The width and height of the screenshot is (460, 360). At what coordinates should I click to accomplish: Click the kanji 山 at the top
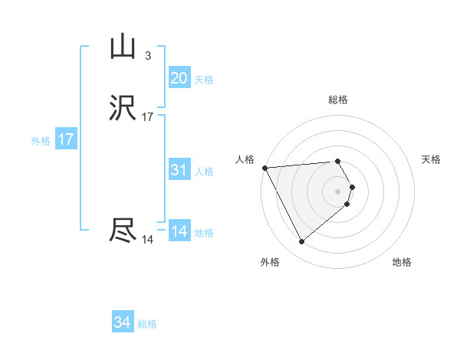pyautogui.click(x=123, y=47)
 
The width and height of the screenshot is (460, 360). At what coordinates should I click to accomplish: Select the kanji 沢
pyautogui.click(x=123, y=110)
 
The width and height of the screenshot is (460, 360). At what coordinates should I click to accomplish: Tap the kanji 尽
pyautogui.click(x=123, y=231)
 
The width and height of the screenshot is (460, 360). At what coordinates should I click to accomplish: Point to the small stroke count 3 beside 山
pyautogui.click(x=147, y=56)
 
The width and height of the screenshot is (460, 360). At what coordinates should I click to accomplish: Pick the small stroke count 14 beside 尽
pyautogui.click(x=147, y=240)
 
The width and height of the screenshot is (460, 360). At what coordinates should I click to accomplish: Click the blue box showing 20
pyautogui.click(x=179, y=78)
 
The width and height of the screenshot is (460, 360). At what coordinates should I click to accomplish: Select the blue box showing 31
pyautogui.click(x=179, y=170)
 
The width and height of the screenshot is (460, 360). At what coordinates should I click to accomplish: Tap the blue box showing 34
pyautogui.click(x=122, y=323)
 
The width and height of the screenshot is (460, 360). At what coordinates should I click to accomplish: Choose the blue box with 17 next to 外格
pyautogui.click(x=66, y=139)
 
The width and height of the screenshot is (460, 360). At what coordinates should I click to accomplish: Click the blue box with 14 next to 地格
pyautogui.click(x=179, y=231)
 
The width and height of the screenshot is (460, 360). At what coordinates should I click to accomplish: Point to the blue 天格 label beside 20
pyautogui.click(x=204, y=80)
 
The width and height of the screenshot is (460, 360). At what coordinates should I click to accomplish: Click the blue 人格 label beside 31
pyautogui.click(x=204, y=172)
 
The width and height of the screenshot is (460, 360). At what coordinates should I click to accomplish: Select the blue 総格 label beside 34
pyautogui.click(x=147, y=324)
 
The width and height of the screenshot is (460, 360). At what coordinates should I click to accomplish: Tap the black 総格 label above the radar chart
pyautogui.click(x=338, y=100)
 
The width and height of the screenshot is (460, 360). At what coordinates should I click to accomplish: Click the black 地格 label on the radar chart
pyautogui.click(x=402, y=263)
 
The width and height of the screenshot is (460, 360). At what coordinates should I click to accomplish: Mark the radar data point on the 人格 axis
pyautogui.click(x=264, y=167)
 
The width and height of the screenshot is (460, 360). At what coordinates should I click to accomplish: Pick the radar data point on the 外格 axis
pyautogui.click(x=302, y=242)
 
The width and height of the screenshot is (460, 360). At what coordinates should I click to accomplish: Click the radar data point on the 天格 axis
pyautogui.click(x=352, y=186)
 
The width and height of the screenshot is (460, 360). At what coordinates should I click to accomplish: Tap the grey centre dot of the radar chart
pyautogui.click(x=338, y=191)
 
